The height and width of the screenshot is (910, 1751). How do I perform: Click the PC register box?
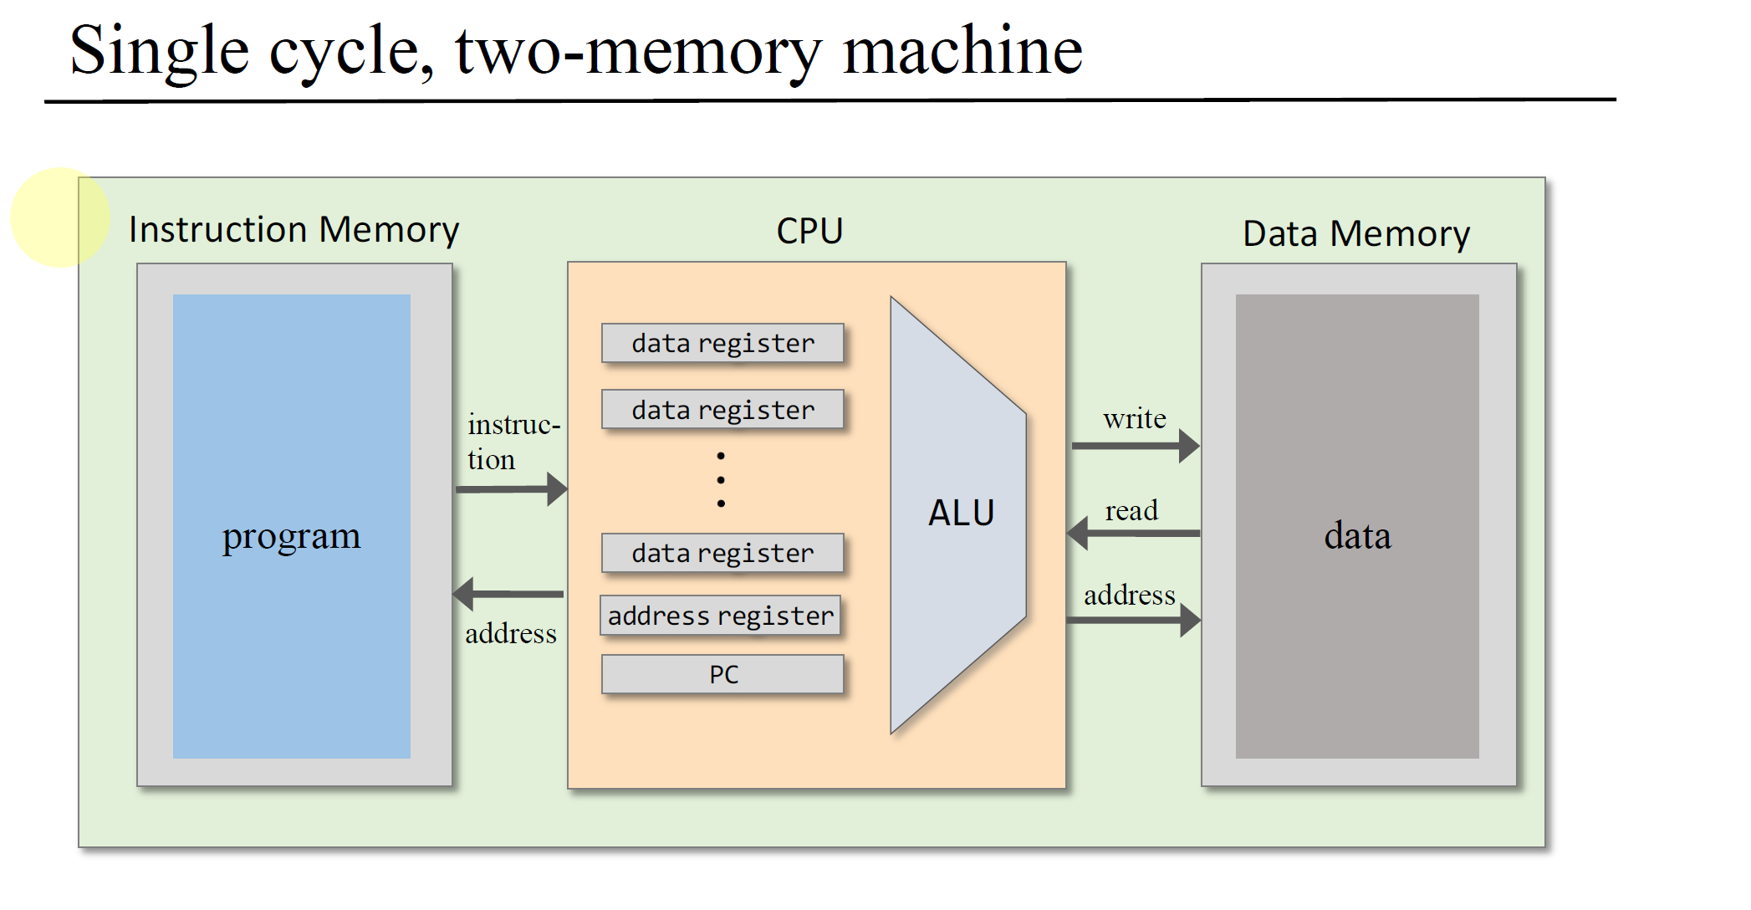click(722, 674)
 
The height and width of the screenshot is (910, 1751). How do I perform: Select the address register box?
click(720, 616)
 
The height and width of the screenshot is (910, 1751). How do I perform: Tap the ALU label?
click(961, 513)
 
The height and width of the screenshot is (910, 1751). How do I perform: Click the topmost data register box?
click(722, 343)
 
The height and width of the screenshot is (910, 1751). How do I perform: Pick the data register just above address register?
click(722, 553)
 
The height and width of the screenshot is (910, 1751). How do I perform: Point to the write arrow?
click(1135, 446)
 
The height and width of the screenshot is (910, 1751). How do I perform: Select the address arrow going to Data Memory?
click(1133, 621)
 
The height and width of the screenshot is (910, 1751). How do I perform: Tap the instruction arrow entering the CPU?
click(511, 488)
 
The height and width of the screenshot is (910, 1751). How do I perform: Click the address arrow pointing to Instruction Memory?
click(508, 594)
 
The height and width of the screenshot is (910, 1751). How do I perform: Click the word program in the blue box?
click(291, 536)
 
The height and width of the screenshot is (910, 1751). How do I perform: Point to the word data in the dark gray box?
click(1357, 536)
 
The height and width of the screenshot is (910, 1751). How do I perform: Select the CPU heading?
click(809, 231)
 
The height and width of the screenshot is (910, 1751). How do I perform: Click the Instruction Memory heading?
click(294, 229)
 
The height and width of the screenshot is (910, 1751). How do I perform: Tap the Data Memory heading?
click(1355, 233)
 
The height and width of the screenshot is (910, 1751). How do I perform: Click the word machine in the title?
click(962, 50)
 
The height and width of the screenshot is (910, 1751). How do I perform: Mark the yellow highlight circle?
click(60, 217)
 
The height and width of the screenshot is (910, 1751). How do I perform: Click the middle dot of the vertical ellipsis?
click(721, 480)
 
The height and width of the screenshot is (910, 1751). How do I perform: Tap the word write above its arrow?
click(1134, 418)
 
